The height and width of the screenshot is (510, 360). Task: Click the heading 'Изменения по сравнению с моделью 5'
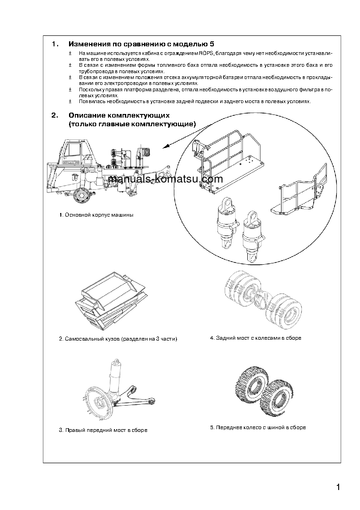(x=141, y=44)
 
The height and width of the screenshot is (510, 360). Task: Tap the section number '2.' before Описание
(x=55, y=115)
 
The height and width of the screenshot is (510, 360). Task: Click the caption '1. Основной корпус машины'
(x=96, y=214)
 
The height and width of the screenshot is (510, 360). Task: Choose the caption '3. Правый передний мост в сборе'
(x=103, y=430)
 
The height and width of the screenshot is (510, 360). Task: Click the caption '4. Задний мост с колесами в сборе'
(x=256, y=338)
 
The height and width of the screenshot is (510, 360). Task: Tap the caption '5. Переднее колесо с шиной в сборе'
(x=258, y=427)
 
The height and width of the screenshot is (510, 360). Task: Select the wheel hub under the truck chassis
(x=82, y=195)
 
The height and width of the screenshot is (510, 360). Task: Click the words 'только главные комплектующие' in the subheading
(x=132, y=124)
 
